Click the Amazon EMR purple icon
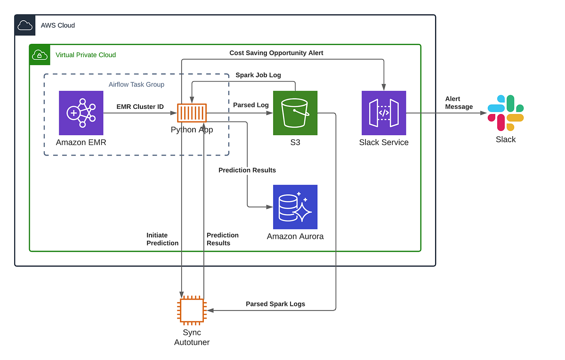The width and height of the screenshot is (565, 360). click(x=81, y=113)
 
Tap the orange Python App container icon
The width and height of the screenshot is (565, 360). click(x=192, y=113)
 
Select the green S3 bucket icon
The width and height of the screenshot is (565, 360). click(x=295, y=113)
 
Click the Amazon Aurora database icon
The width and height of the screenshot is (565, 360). click(x=295, y=207)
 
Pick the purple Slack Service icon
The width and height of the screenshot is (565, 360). click(x=384, y=113)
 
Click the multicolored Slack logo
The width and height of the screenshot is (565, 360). click(x=506, y=113)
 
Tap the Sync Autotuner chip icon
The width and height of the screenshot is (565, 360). click(x=192, y=310)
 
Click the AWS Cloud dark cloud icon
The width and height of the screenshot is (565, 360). click(x=25, y=25)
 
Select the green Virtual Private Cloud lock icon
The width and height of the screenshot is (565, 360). click(x=40, y=55)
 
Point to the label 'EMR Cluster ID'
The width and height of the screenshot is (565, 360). click(x=140, y=106)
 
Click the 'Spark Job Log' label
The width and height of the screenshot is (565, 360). click(x=258, y=75)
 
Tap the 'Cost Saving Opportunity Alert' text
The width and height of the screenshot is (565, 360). click(x=276, y=53)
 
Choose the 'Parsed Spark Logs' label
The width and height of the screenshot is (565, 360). click(x=275, y=304)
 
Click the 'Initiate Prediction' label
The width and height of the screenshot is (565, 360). click(x=162, y=239)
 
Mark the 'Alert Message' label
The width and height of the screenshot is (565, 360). click(x=459, y=103)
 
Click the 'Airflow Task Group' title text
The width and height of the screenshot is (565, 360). click(x=136, y=84)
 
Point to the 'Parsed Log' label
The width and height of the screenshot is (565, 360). click(x=250, y=105)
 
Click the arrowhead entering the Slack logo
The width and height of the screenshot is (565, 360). click(x=484, y=113)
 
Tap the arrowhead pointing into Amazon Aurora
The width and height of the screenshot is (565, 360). click(x=270, y=207)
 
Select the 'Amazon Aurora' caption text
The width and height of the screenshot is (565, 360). click(x=295, y=236)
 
